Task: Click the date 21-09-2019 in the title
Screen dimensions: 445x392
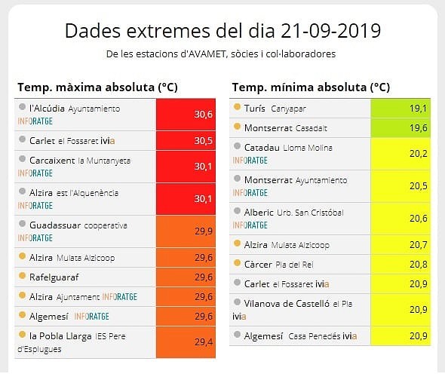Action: [330, 31]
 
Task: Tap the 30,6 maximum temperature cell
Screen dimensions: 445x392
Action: [186, 115]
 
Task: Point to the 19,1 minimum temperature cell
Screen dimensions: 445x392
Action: [400, 109]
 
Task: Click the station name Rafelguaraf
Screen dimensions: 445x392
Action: [54, 277]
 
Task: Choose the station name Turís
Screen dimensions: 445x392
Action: [255, 108]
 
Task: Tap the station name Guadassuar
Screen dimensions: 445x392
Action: [55, 225]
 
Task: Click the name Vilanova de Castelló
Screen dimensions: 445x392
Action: [287, 304]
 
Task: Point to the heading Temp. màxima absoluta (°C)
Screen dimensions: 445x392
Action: [97, 87]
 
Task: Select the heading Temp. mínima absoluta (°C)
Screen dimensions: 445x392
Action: [311, 87]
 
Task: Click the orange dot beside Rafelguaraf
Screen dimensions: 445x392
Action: [22, 275]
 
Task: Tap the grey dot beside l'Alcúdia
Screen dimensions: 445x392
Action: [22, 107]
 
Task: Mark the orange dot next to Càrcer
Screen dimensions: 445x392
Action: [237, 262]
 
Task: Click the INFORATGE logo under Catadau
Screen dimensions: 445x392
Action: [250, 161]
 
